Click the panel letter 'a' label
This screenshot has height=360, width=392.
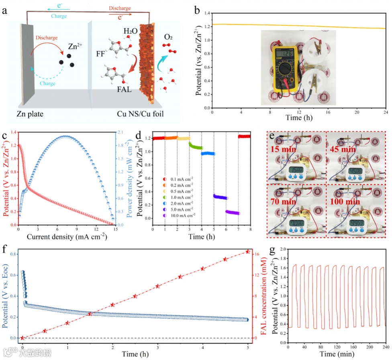point(5,11)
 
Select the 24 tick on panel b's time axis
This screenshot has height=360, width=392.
point(386,113)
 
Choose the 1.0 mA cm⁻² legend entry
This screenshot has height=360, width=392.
point(180,197)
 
